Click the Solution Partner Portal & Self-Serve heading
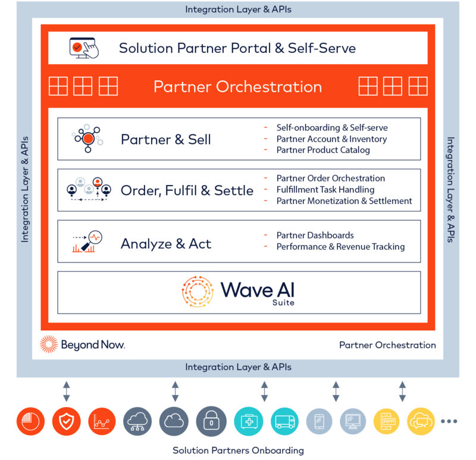tap(237, 48)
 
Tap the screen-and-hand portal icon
tap(84, 48)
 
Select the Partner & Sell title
tap(166, 140)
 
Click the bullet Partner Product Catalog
tap(323, 150)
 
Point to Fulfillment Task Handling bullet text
tap(325, 190)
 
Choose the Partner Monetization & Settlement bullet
tap(344, 201)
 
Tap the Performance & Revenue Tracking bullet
tap(340, 246)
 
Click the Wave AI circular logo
tap(198, 292)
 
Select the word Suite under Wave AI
tap(283, 303)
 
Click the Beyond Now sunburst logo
tap(49, 345)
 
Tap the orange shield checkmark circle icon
tap(67, 421)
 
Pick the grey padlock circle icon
tap(211, 421)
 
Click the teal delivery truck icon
tap(284, 421)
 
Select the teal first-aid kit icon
tap(249, 421)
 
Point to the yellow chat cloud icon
tap(421, 421)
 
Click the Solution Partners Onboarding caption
tap(238, 450)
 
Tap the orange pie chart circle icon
tap(30, 421)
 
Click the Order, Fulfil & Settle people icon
tap(89, 189)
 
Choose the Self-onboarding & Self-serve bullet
tap(332, 127)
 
